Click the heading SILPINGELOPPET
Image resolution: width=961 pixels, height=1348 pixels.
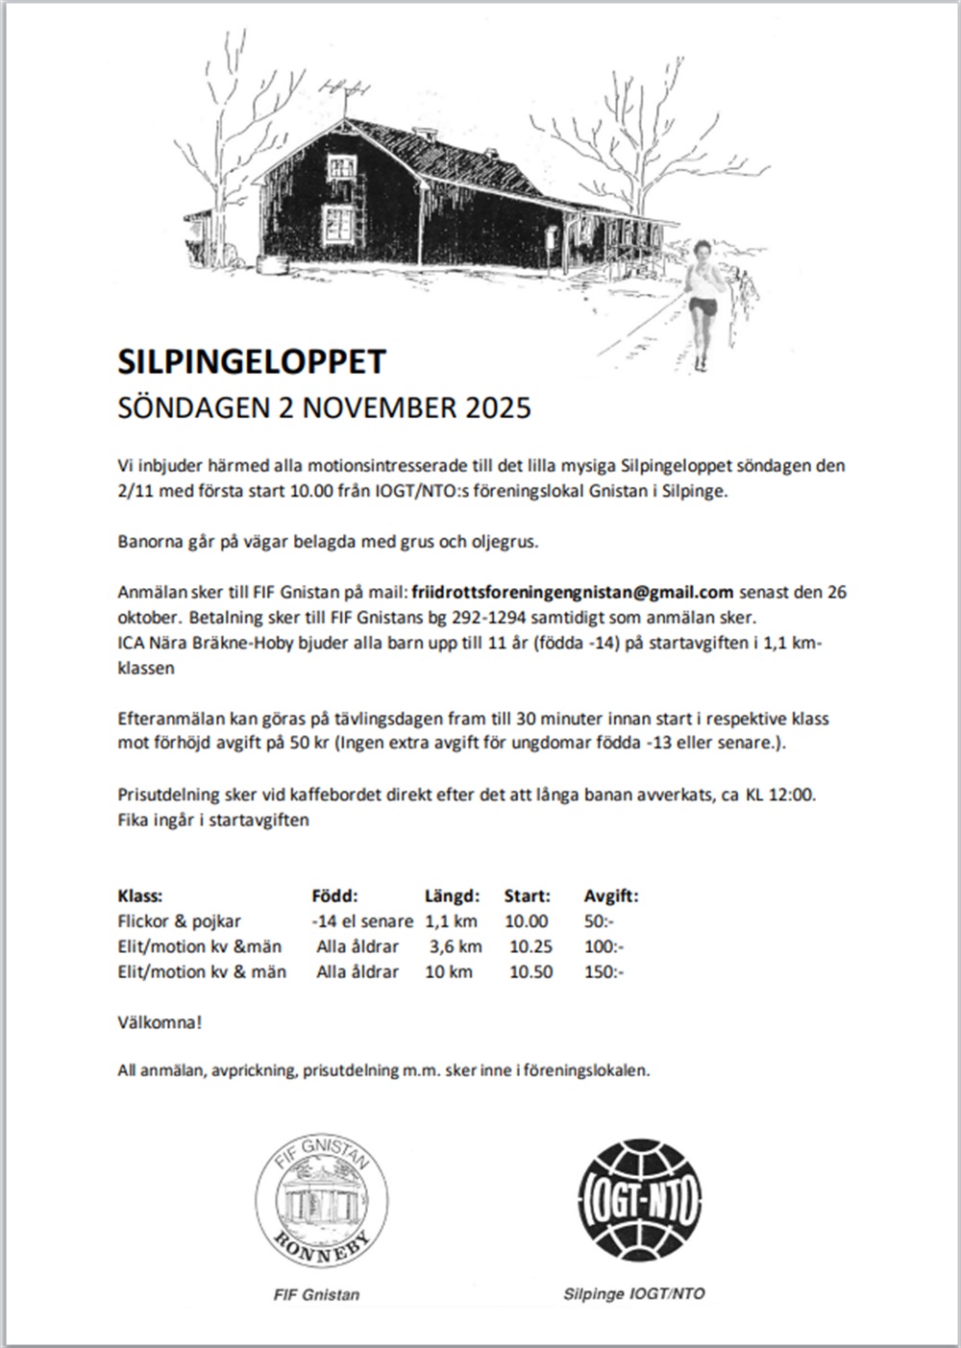[x=251, y=361]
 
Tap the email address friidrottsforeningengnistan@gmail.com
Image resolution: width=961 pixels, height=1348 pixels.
[x=572, y=591]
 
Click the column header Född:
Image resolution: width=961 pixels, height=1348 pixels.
[x=334, y=896]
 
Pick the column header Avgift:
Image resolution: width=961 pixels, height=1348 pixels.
[x=611, y=896]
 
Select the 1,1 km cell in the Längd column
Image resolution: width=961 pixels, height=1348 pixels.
[x=452, y=921]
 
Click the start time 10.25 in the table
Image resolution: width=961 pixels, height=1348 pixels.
[x=530, y=946]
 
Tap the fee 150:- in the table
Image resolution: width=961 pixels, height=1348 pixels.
[x=604, y=971]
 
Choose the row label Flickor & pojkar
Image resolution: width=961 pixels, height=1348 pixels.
[x=180, y=921]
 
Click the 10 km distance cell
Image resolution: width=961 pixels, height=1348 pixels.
[x=449, y=971]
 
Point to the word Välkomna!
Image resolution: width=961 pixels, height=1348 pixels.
[x=160, y=1022]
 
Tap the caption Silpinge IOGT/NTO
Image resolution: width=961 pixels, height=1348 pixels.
[x=634, y=1293]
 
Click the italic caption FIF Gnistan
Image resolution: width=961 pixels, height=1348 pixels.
[x=317, y=1294]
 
